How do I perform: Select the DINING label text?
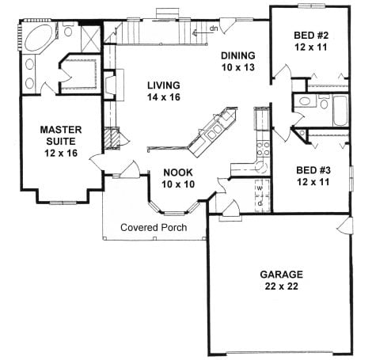pos(237,56)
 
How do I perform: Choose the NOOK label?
pos(179,172)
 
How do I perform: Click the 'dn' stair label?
pos(214,28)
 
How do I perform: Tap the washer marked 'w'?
pos(260,190)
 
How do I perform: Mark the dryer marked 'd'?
pos(260,203)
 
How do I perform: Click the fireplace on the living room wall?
pos(112,84)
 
